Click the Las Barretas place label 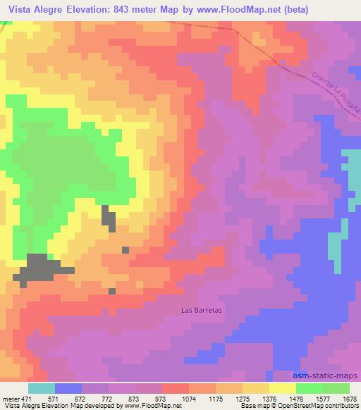pos(197,309)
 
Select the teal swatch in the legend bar pos(42,388)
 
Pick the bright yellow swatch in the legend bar pos(283,388)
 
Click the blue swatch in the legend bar pos(68,388)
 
